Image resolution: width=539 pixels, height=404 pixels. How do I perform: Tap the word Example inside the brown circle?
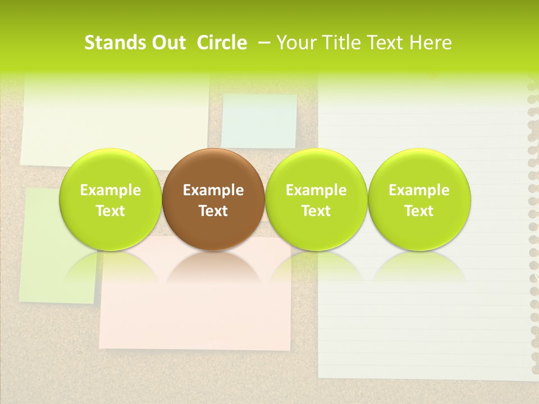(213, 190)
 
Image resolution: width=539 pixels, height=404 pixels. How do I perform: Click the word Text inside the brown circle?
(213, 211)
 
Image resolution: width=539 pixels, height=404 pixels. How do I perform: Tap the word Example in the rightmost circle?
(419, 190)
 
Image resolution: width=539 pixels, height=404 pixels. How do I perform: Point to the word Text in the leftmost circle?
(110, 211)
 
